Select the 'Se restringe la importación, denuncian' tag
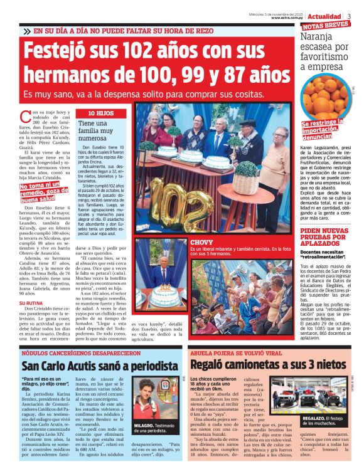tap(326, 130)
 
